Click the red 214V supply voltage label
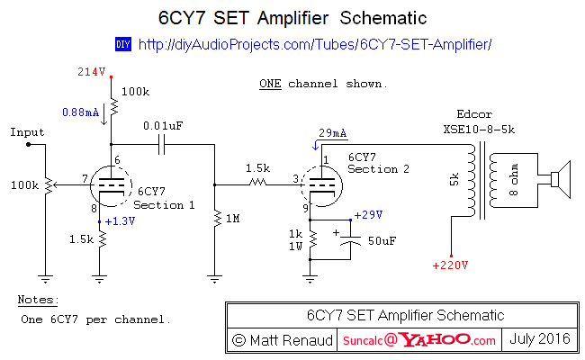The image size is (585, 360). (x=92, y=72)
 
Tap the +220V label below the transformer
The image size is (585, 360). (x=450, y=265)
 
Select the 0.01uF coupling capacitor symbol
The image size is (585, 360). (x=161, y=144)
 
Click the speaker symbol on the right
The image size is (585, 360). (x=561, y=179)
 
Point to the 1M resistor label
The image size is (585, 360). (x=233, y=219)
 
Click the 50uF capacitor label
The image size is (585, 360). (x=382, y=241)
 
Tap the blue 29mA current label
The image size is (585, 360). (x=332, y=133)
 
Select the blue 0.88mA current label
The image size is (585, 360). (x=81, y=112)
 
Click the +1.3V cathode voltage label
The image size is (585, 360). (x=120, y=221)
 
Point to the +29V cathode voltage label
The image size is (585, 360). (x=368, y=215)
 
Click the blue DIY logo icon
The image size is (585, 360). (x=123, y=44)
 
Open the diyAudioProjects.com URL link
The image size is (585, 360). (x=315, y=44)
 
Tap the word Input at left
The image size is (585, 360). (x=27, y=132)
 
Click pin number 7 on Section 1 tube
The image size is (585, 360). (x=85, y=179)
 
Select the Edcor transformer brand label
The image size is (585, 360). (x=474, y=113)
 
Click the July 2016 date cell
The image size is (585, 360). (x=540, y=338)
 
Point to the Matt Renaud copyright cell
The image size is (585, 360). (x=282, y=340)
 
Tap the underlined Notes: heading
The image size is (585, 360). (x=38, y=300)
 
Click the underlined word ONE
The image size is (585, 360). (x=270, y=84)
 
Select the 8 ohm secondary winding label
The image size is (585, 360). (x=514, y=179)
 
